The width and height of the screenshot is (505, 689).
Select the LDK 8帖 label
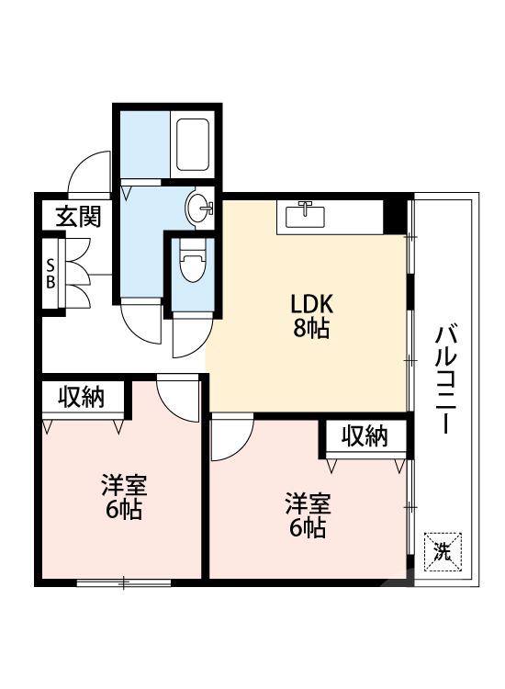tap(311, 317)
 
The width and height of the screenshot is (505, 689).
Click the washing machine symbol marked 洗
tap(442, 552)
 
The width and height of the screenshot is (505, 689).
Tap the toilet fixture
tap(192, 265)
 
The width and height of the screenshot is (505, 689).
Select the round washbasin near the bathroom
tap(197, 208)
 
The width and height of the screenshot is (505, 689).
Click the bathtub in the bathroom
tap(195, 143)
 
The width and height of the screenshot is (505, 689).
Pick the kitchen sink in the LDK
tap(305, 216)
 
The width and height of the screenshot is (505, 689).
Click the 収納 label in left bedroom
tap(81, 397)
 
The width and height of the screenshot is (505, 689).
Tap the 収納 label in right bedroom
tap(365, 436)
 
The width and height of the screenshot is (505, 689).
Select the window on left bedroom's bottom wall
tap(123, 582)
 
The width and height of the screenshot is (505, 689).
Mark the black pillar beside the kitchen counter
tap(394, 215)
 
